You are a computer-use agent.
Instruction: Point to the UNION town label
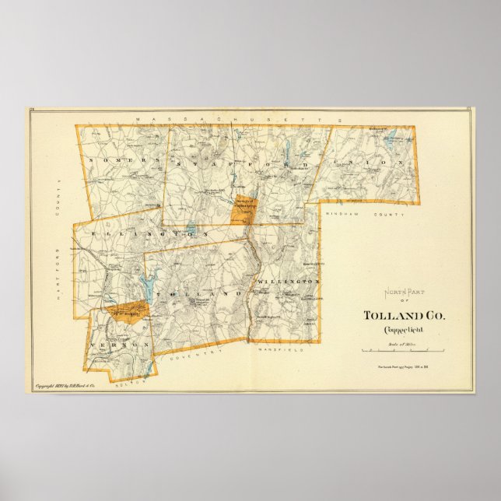(x=373, y=163)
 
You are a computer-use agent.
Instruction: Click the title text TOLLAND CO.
(x=405, y=316)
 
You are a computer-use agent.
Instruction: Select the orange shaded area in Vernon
(x=128, y=312)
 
